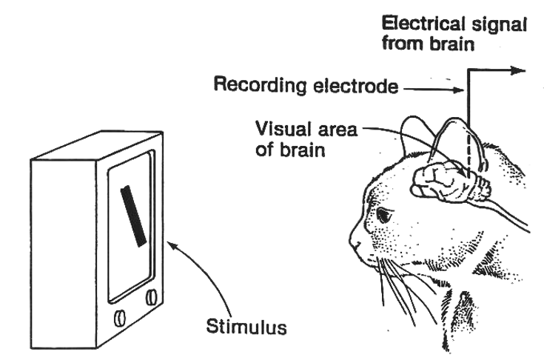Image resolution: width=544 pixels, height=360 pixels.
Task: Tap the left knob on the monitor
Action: click(x=118, y=318)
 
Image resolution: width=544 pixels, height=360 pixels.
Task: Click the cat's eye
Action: click(x=383, y=216)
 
